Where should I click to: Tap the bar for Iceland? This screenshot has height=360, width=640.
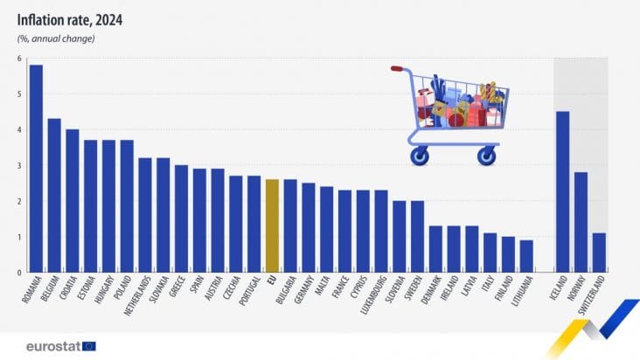[563, 191]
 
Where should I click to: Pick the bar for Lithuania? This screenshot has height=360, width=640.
[526, 256]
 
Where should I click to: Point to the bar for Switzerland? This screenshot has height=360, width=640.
[599, 253]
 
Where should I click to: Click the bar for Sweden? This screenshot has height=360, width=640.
[417, 236]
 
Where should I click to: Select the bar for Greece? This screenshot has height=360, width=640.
[181, 218]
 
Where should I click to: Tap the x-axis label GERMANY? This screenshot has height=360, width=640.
[301, 292]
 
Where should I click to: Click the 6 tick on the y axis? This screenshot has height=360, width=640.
[17, 59]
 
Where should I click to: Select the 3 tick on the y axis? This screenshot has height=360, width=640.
[17, 165]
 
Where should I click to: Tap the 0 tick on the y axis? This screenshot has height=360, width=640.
[17, 273]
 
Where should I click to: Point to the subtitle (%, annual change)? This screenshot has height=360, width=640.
[54, 38]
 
